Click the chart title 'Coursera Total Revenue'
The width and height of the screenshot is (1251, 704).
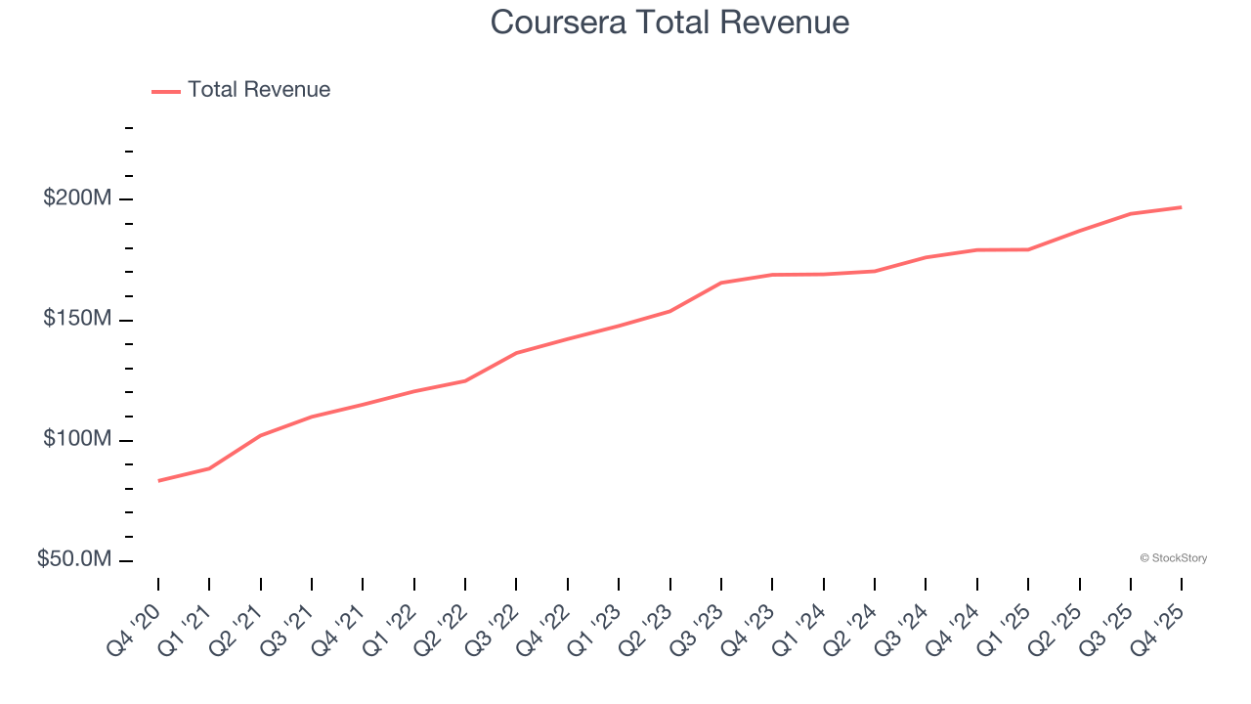(x=669, y=22)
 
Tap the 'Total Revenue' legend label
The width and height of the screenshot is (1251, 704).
(x=259, y=90)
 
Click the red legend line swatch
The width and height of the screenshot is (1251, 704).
(x=166, y=91)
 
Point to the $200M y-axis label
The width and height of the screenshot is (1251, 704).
(x=77, y=198)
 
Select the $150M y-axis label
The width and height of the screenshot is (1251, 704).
(x=77, y=320)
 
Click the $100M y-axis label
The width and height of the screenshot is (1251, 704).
(x=77, y=440)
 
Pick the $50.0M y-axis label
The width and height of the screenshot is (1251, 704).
(x=74, y=560)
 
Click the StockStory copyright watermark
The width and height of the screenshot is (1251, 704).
(x=1173, y=558)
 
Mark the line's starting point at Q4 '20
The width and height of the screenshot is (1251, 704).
(x=158, y=481)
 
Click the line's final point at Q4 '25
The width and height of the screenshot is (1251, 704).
(x=1182, y=207)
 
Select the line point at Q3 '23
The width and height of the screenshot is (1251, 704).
(x=721, y=283)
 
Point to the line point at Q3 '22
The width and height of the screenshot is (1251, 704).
(x=516, y=353)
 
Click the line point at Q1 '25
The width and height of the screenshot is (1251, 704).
(x=1028, y=249)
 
